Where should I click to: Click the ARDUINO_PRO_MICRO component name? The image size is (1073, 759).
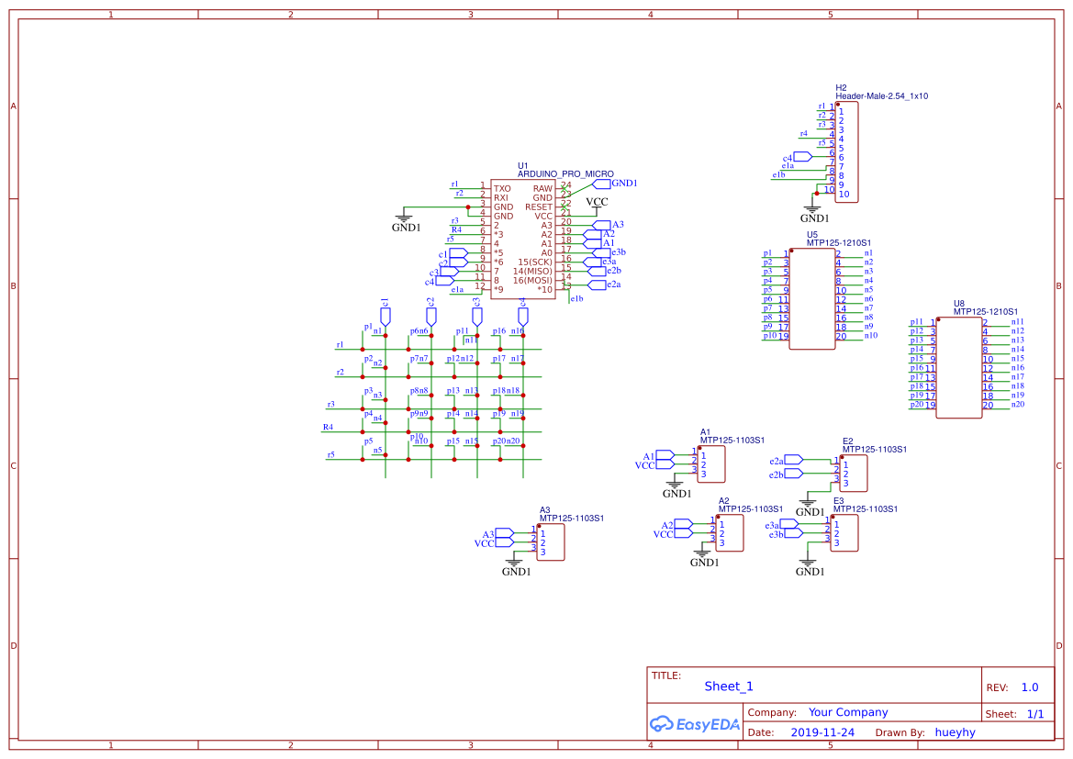click(565, 173)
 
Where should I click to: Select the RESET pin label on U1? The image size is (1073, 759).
click(539, 207)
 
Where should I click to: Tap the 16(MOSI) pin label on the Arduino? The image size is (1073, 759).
click(532, 280)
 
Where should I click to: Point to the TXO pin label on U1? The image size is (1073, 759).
click(502, 188)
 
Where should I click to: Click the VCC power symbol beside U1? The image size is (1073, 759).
click(597, 202)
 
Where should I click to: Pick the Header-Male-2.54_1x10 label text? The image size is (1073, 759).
click(881, 95)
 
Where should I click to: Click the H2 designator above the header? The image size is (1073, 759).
click(841, 87)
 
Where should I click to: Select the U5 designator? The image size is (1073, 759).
click(812, 234)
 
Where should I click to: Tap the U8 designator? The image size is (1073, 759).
click(959, 303)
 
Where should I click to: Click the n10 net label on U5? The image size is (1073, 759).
click(871, 335)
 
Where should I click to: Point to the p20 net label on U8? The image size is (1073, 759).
click(916, 405)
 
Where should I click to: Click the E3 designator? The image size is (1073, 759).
click(838, 500)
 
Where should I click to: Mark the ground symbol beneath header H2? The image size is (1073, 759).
click(814, 211)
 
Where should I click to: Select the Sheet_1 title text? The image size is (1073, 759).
click(729, 686)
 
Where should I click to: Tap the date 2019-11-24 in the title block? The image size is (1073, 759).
click(822, 732)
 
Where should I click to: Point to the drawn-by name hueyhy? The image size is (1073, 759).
click(956, 732)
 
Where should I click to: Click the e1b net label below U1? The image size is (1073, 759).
click(576, 298)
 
